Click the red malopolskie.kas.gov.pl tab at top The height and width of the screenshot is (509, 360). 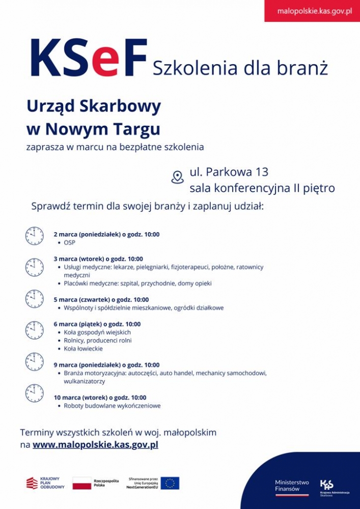click(312, 11)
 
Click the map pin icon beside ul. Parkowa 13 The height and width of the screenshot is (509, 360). click(177, 177)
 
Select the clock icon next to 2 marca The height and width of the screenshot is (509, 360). click(35, 236)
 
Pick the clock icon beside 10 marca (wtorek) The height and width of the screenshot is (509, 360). click(35, 393)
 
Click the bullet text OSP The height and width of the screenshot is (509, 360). click(70, 243)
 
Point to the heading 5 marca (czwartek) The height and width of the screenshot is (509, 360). click(101, 300)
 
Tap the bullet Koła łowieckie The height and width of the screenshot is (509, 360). click(83, 349)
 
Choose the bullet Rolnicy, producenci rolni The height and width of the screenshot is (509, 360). click(98, 341)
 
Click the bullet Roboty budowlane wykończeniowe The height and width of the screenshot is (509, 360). click(112, 406)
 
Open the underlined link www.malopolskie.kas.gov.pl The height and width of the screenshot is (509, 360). click(95, 445)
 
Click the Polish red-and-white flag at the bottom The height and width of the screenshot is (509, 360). click(81, 483)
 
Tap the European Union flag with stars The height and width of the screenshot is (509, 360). click(170, 483)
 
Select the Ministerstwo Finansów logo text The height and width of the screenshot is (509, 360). click(292, 486)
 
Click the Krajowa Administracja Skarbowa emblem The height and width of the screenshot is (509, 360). click(326, 485)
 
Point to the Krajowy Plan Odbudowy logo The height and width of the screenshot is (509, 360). click(46, 483)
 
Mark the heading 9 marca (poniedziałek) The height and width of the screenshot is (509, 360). click(106, 365)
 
